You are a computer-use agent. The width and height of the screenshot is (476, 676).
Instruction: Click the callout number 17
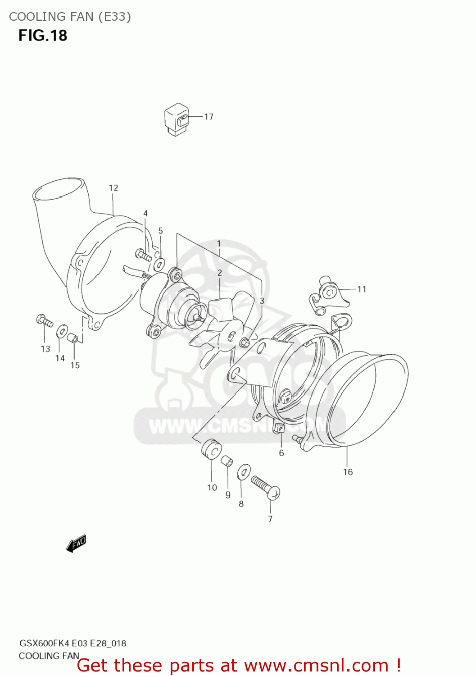209,117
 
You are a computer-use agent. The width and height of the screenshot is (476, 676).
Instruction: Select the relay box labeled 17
176,119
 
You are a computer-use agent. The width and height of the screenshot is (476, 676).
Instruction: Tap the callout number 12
113,188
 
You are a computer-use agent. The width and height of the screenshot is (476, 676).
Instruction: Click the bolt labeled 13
44,320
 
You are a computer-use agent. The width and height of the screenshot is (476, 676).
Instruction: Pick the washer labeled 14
61,333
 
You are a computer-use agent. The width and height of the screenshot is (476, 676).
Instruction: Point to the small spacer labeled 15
73,338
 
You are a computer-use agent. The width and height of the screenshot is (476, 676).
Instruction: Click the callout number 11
362,289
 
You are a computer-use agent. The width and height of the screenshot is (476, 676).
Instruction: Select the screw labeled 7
266,487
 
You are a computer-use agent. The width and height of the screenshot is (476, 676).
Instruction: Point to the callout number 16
348,472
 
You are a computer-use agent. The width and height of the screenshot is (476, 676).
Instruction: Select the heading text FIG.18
43,35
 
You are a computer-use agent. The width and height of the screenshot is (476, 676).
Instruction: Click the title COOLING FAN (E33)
70,17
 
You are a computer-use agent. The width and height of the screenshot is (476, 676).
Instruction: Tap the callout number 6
281,453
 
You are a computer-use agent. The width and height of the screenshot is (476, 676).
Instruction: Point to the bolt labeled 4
144,256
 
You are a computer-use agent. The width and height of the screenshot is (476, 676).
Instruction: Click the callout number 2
220,273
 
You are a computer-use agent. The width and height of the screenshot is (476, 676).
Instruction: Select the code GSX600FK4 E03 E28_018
73,643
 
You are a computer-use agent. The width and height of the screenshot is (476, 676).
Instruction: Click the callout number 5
161,231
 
